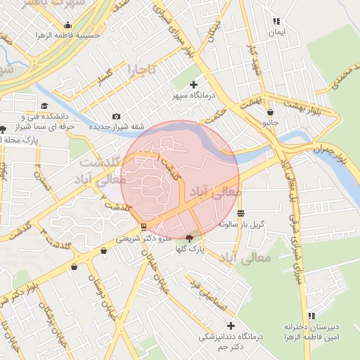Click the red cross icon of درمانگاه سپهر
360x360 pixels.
[194, 84]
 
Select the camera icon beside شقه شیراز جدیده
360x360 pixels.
[116, 116]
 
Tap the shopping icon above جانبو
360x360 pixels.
[271, 112]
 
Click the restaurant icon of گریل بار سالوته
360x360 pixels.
[241, 213]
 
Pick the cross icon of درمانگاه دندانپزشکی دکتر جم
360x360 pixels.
[231, 326]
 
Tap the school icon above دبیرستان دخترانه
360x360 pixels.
[312, 316]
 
